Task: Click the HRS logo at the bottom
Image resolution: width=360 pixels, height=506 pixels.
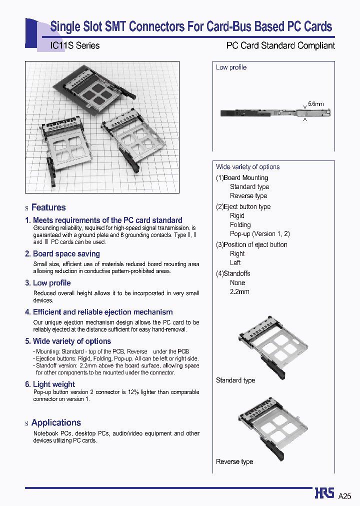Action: tap(324, 493)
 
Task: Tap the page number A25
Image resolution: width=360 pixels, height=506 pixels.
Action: tap(345, 496)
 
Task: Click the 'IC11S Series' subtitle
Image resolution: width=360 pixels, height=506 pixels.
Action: tap(75, 45)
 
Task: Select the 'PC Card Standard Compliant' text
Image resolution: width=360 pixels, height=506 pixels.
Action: tap(280, 45)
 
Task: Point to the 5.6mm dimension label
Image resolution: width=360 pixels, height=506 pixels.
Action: tap(315, 104)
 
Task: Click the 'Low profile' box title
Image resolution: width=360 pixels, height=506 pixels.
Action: tap(231, 67)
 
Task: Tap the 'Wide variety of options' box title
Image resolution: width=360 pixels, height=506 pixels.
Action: tap(247, 167)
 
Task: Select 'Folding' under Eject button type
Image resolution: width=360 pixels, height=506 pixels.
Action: tap(240, 225)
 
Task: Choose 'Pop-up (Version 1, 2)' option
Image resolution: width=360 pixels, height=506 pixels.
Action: tap(259, 234)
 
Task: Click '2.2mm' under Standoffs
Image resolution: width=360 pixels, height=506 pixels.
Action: tap(239, 291)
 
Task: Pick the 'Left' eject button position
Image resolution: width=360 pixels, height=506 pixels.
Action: tap(235, 262)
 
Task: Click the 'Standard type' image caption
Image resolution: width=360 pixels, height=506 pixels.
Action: tap(235, 380)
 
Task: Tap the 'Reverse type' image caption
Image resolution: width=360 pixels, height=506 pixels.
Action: tap(234, 462)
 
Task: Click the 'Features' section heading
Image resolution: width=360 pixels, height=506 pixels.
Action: tap(48, 207)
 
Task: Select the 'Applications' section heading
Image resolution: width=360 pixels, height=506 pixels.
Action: tap(56, 423)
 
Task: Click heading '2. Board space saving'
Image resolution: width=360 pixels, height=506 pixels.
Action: tap(62, 254)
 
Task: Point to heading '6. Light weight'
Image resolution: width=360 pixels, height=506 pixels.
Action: tap(50, 384)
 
